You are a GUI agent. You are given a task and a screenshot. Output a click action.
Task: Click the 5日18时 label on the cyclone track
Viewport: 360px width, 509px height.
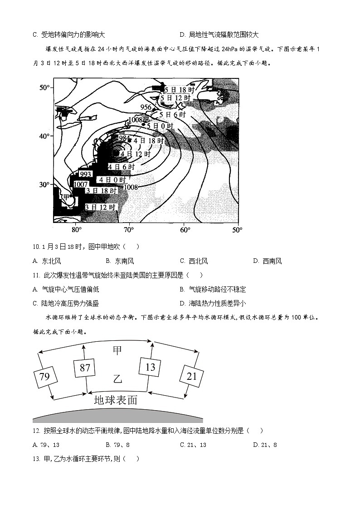click(x=180, y=90)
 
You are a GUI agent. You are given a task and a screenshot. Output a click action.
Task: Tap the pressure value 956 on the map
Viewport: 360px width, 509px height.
click(x=146, y=107)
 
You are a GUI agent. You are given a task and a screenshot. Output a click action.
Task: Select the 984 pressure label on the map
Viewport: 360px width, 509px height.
click(x=124, y=138)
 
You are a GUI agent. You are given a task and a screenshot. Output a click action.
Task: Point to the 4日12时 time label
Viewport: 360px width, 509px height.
click(x=135, y=154)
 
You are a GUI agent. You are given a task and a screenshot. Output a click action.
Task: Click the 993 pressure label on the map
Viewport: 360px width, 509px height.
click(x=86, y=174)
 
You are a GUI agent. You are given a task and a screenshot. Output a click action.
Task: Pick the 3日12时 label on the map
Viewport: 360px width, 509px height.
click(x=101, y=207)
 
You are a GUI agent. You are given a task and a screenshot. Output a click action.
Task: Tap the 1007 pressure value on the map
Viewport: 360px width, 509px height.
click(x=80, y=184)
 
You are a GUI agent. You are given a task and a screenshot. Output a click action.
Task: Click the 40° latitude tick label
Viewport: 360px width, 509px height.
click(x=44, y=136)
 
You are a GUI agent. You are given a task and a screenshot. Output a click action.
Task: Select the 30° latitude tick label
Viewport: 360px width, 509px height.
click(x=44, y=185)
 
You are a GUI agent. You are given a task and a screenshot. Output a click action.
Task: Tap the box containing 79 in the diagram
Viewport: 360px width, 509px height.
click(x=44, y=377)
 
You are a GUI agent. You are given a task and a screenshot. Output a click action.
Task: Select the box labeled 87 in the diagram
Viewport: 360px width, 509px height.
click(x=85, y=368)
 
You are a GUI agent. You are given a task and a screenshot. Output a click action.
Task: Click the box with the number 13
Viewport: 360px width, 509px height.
click(x=150, y=367)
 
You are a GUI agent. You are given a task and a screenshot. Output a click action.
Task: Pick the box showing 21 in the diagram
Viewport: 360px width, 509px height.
click(x=191, y=376)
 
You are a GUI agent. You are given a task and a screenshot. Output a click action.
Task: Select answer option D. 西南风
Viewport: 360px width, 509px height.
click(x=268, y=261)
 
